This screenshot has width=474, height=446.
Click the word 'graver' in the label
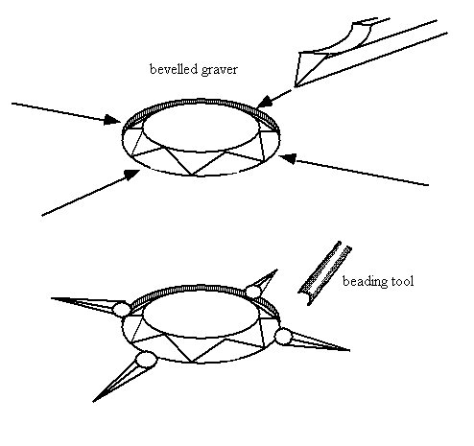pos(216,70)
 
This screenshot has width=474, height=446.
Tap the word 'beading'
pos(364,282)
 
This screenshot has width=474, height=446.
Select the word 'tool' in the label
pos(401,281)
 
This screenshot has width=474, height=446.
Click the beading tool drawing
pos(324,273)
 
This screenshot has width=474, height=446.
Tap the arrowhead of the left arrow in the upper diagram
pos(112,120)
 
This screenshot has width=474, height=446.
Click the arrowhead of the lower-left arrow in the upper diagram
pos(132,175)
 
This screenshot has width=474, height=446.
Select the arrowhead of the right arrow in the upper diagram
pos(287,158)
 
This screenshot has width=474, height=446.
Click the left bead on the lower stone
pos(122,309)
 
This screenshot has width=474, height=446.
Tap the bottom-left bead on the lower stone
pos(146,360)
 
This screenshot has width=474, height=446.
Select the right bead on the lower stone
pos(283,337)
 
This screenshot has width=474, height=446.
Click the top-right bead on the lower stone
pos(253,292)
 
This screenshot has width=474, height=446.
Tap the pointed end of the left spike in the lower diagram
pos(51,298)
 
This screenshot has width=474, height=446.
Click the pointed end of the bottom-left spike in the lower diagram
pos(93,401)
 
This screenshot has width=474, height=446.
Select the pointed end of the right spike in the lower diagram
pos(350,350)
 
